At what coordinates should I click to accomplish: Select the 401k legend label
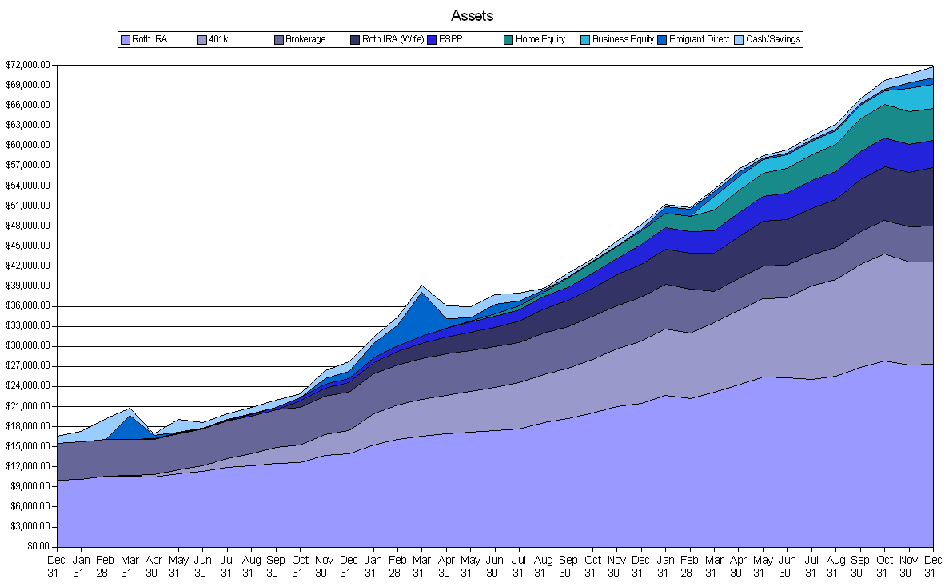pos(217,39)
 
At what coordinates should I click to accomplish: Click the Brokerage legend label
pos(306,39)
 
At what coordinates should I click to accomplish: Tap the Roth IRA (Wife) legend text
pos(393,39)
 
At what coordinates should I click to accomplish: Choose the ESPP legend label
pos(451,39)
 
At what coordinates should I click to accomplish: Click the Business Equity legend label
pos(623,39)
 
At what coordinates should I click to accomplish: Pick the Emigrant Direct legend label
pos(699,39)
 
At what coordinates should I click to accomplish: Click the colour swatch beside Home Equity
pos(508,39)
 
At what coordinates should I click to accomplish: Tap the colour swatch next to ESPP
pos(432,39)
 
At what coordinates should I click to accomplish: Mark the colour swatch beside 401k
pos(201,39)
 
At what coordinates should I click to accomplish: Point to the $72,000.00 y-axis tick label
pos(27,65)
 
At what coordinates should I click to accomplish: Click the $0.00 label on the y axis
pos(38,547)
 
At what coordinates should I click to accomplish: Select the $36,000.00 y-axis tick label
pos(27,306)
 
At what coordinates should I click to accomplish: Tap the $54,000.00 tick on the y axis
pos(27,186)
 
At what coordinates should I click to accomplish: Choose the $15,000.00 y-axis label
pos(27,446)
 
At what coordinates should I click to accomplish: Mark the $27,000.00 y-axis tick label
pos(27,366)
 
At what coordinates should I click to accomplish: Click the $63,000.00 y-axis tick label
pos(27,126)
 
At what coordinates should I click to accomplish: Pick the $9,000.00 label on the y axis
pos(30,487)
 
